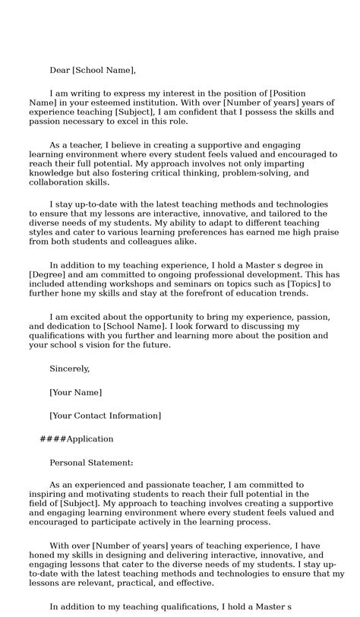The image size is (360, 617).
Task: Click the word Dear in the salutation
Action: coord(59,71)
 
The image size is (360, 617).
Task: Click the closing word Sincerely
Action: coord(69,369)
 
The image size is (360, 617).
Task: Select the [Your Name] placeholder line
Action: coord(75,392)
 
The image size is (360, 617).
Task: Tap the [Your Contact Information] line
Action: coord(105,416)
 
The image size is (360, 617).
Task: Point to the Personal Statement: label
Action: coord(91,462)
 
